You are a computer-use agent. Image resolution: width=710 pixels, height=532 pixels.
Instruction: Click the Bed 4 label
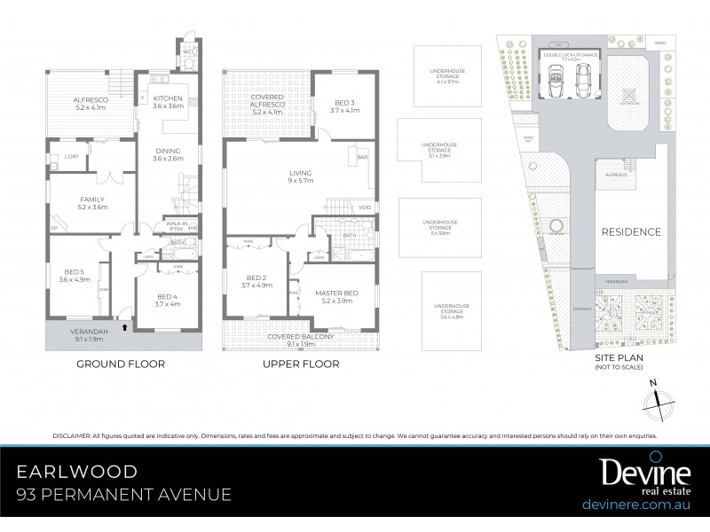point(168,298)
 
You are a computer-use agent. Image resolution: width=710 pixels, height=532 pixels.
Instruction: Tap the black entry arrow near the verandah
point(124,327)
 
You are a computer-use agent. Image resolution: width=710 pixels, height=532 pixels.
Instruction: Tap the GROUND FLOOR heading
point(120,364)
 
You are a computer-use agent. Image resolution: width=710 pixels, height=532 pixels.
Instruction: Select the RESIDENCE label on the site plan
point(631,232)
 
